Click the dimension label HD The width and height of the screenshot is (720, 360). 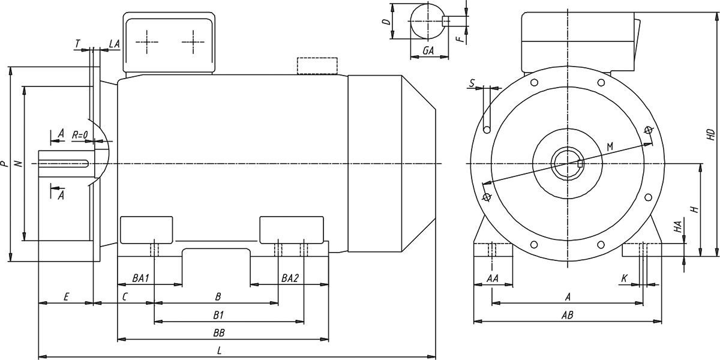tap(710, 134)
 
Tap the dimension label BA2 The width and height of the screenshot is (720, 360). tap(290, 279)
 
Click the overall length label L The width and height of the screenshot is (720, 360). tap(220, 350)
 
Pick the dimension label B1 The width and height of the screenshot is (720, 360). tap(218, 314)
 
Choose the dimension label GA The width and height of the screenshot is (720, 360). tap(428, 51)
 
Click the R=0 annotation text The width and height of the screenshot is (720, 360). tap(80, 135)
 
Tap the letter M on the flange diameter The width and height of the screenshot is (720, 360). tap(610, 146)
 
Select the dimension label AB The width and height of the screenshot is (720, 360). tap(566, 314)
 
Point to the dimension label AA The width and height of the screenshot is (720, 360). tap(493, 279)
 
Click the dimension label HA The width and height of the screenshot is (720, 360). tap(677, 227)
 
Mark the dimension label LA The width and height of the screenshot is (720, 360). tap(114, 44)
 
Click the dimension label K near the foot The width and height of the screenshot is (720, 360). tap(625, 278)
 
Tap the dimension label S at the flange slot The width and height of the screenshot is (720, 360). tap(473, 82)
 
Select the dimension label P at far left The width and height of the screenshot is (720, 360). tap(5, 163)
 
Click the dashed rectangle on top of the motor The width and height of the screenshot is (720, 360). tap(317, 66)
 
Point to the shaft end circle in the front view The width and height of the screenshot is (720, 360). tap(566, 164)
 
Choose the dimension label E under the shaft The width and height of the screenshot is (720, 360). tap(67, 297)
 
